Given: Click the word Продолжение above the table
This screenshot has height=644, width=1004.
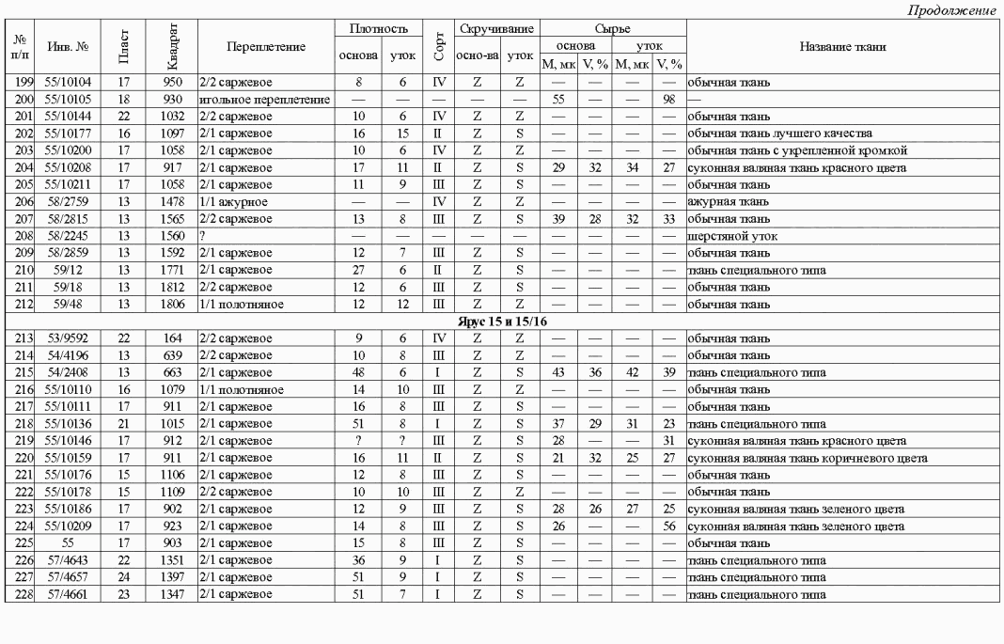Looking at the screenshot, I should click(953, 9).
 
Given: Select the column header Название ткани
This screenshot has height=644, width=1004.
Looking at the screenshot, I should click(843, 47).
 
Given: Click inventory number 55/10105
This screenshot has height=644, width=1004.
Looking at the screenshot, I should click(71, 99).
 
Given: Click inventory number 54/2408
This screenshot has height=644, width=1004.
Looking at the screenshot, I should click(71, 372).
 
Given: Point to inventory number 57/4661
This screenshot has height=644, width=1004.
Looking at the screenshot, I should click(71, 594).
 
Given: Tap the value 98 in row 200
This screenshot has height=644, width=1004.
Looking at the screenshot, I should click(669, 99).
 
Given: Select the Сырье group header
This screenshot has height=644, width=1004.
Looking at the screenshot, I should click(613, 30).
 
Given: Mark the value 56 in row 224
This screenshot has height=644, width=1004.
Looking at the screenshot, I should click(669, 526).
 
